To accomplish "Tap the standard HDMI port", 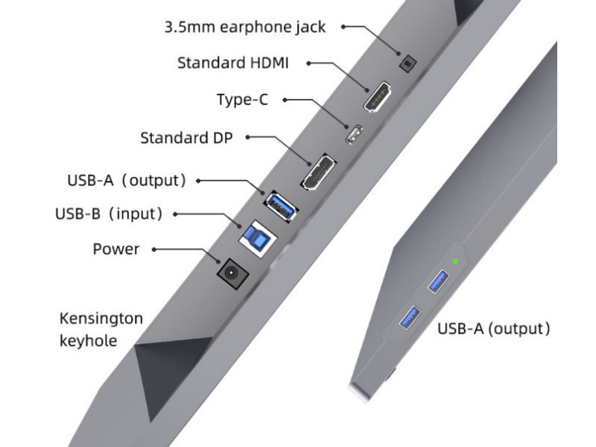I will click(x=378, y=97).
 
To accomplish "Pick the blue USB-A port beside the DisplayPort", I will click(x=280, y=205).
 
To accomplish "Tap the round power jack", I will click(x=232, y=272).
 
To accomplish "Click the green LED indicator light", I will click(x=455, y=261).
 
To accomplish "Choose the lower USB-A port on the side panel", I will click(x=409, y=317).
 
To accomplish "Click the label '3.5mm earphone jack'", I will click(x=245, y=28).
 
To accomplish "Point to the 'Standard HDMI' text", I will click(x=232, y=63).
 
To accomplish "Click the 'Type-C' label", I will click(x=242, y=99).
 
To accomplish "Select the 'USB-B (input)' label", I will click(x=109, y=214).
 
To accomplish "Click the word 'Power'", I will click(x=115, y=249).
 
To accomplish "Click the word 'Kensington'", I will click(x=101, y=319).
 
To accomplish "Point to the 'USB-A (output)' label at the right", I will click(x=493, y=328).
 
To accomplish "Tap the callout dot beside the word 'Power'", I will click(x=154, y=250).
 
